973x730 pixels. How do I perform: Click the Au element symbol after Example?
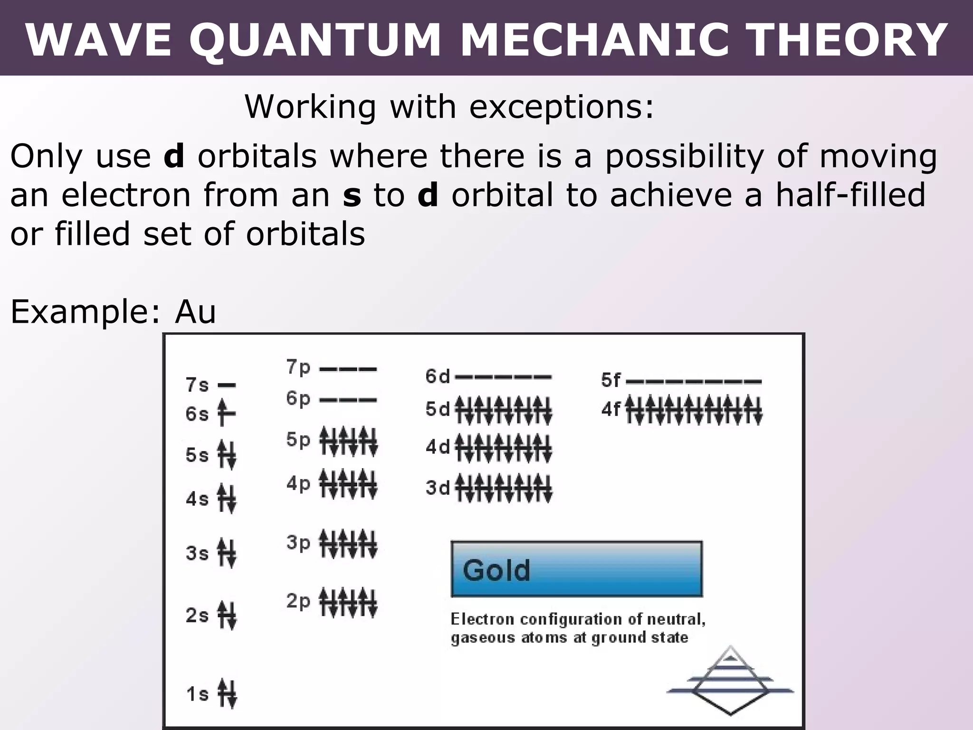pos(195,312)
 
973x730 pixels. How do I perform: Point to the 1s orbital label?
pos(197,694)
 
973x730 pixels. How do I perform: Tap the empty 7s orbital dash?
pos(227,385)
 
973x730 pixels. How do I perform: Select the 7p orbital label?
pos(298,367)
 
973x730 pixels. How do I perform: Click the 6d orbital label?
pos(437,376)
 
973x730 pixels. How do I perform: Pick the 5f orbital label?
pos(611,380)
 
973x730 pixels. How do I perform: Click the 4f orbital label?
pos(611,409)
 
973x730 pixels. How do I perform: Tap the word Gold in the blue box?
pos(496,570)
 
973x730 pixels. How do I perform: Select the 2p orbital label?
pos(298,601)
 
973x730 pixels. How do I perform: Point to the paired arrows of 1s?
pos(227,693)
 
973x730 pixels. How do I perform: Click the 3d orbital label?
pos(437,488)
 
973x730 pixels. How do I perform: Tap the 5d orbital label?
pos(437,409)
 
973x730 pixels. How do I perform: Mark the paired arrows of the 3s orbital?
pos(226,553)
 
